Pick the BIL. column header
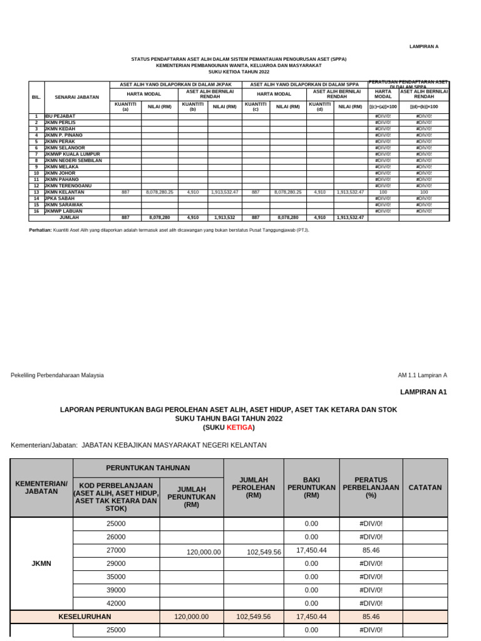click(36, 97)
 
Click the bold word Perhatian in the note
click(41, 230)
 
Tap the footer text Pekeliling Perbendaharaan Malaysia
click(58, 375)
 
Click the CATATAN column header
click(425, 487)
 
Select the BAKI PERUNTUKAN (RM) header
click(311, 487)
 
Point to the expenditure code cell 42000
click(116, 603)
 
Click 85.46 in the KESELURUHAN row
click(371, 617)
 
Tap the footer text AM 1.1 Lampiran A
click(423, 375)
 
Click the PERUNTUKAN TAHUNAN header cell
click(148, 468)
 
